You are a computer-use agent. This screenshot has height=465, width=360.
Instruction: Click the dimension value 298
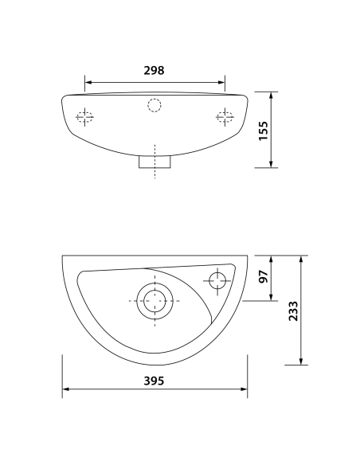coord(154,70)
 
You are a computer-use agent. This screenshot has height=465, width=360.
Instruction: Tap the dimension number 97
coord(264,279)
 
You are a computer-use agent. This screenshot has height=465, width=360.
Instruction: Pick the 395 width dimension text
coord(154,381)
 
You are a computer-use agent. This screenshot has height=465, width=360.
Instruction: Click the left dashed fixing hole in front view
coord(85,118)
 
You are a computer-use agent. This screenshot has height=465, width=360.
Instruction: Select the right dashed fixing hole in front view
coord(225,118)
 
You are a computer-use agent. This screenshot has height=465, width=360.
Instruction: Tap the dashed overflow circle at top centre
coord(155,104)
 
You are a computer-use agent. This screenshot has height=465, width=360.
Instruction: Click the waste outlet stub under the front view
coord(155,162)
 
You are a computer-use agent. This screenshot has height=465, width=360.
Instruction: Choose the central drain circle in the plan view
coord(155,301)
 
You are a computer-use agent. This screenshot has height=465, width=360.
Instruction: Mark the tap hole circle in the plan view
coord(217,279)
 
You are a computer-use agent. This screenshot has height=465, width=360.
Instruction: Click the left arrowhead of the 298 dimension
coord(88,81)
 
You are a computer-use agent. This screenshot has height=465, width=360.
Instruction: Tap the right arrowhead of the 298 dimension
coord(223,81)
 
